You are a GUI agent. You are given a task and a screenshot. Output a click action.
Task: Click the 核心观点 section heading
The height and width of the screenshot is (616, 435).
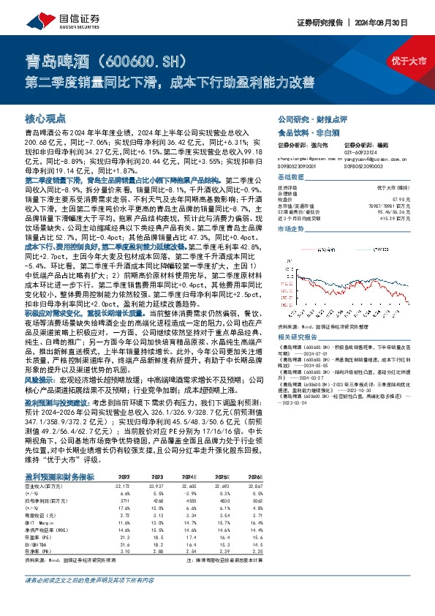[x=45, y=118]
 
